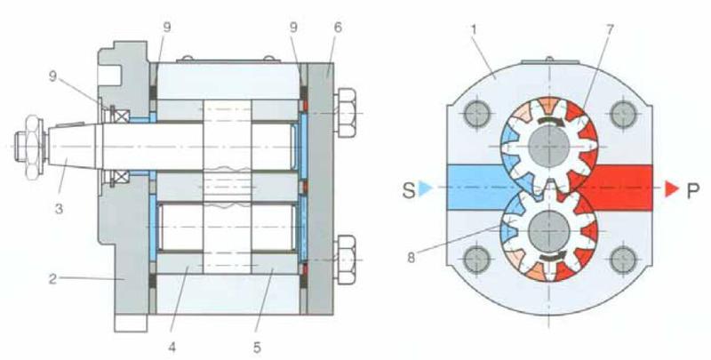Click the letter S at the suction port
tap(409, 190)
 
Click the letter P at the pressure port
tap(692, 190)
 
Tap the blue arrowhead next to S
tap(425, 188)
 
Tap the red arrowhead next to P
tap(672, 188)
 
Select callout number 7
tap(610, 29)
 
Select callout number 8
tap(411, 258)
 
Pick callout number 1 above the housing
tap(474, 29)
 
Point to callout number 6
tap(338, 28)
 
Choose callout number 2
tap(53, 278)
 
